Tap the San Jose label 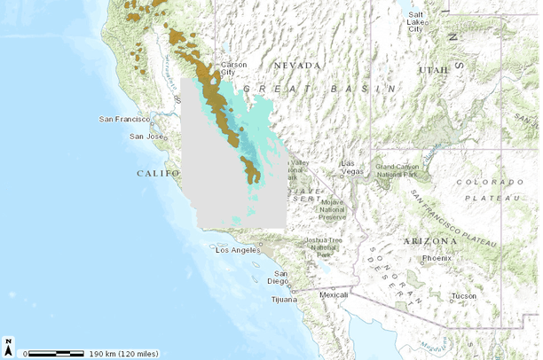(x=146, y=137)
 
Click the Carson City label (x=234, y=69)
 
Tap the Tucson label (x=463, y=296)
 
